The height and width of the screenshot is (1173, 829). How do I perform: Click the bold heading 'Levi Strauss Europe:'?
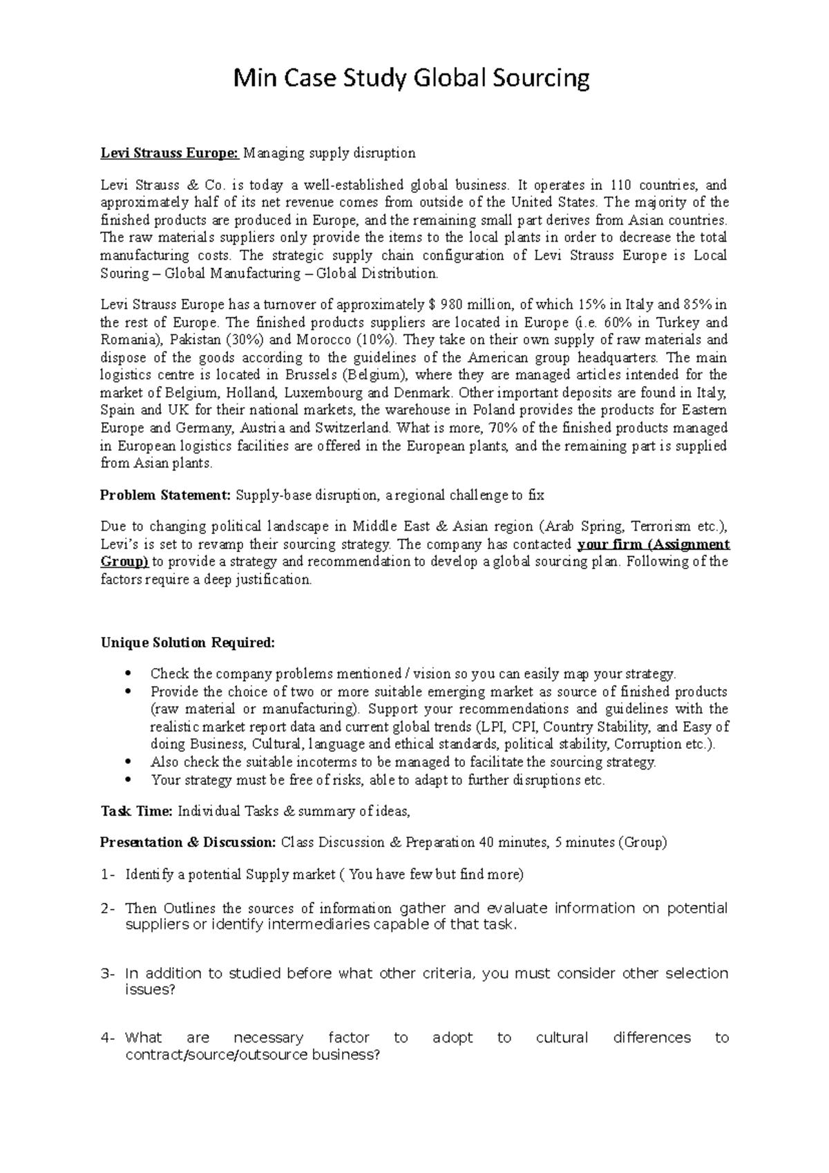pyautogui.click(x=169, y=153)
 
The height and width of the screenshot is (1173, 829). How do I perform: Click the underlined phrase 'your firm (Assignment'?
pyautogui.click(x=653, y=544)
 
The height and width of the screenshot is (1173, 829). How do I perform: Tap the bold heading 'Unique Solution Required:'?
pyautogui.click(x=187, y=643)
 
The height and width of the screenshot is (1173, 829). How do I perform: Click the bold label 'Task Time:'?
pyautogui.click(x=136, y=811)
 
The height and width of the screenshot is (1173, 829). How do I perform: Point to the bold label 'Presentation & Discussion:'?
pyautogui.click(x=188, y=842)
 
